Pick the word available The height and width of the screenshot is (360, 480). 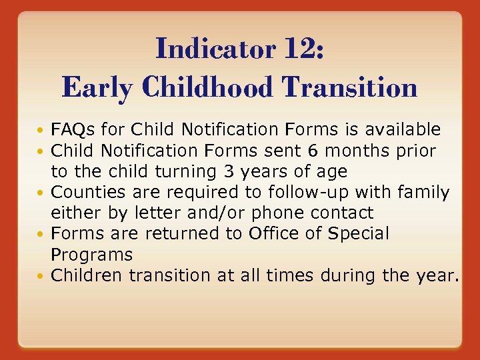click(x=403, y=129)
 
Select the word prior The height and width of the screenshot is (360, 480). click(x=415, y=151)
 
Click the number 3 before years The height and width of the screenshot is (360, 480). click(x=228, y=171)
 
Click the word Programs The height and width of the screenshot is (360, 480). click(x=92, y=255)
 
